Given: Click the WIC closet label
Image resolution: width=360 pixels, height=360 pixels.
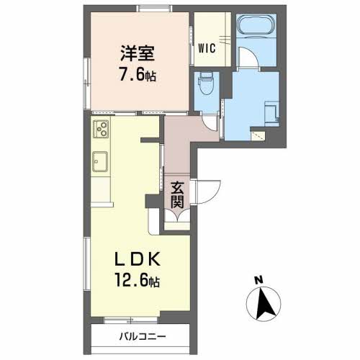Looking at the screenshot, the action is pyautogui.click(x=207, y=48).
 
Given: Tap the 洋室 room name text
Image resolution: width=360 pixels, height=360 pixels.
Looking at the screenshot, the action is pyautogui.click(x=138, y=53).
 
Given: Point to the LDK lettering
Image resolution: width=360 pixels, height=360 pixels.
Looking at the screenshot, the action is pyautogui.click(x=138, y=259).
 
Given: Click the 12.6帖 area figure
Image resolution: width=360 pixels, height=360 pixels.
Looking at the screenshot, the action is pyautogui.click(x=138, y=280).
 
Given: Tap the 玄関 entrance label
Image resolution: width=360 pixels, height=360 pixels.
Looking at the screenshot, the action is pyautogui.click(x=177, y=195).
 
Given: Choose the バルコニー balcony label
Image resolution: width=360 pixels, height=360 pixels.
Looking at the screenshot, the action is pyautogui.click(x=143, y=337).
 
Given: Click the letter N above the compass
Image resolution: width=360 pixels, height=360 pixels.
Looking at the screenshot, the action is pyautogui.click(x=258, y=280).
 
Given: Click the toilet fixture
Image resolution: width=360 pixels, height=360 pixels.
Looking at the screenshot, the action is pyautogui.click(x=206, y=86).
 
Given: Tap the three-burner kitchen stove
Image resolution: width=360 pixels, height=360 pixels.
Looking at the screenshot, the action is pyautogui.click(x=101, y=129).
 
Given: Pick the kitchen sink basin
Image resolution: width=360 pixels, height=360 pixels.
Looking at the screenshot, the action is pyautogui.click(x=100, y=161).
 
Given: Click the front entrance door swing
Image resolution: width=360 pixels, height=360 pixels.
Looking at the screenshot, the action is pyautogui.click(x=207, y=192).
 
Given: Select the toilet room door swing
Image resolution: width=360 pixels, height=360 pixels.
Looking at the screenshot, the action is pyautogui.click(x=211, y=122).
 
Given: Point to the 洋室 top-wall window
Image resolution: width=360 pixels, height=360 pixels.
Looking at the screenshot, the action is pyautogui.click(x=155, y=9).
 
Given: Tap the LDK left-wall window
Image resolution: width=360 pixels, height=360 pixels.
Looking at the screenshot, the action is pyautogui.click(x=86, y=264).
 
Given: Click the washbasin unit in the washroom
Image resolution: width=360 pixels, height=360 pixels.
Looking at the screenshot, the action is pyautogui.click(x=271, y=114).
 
